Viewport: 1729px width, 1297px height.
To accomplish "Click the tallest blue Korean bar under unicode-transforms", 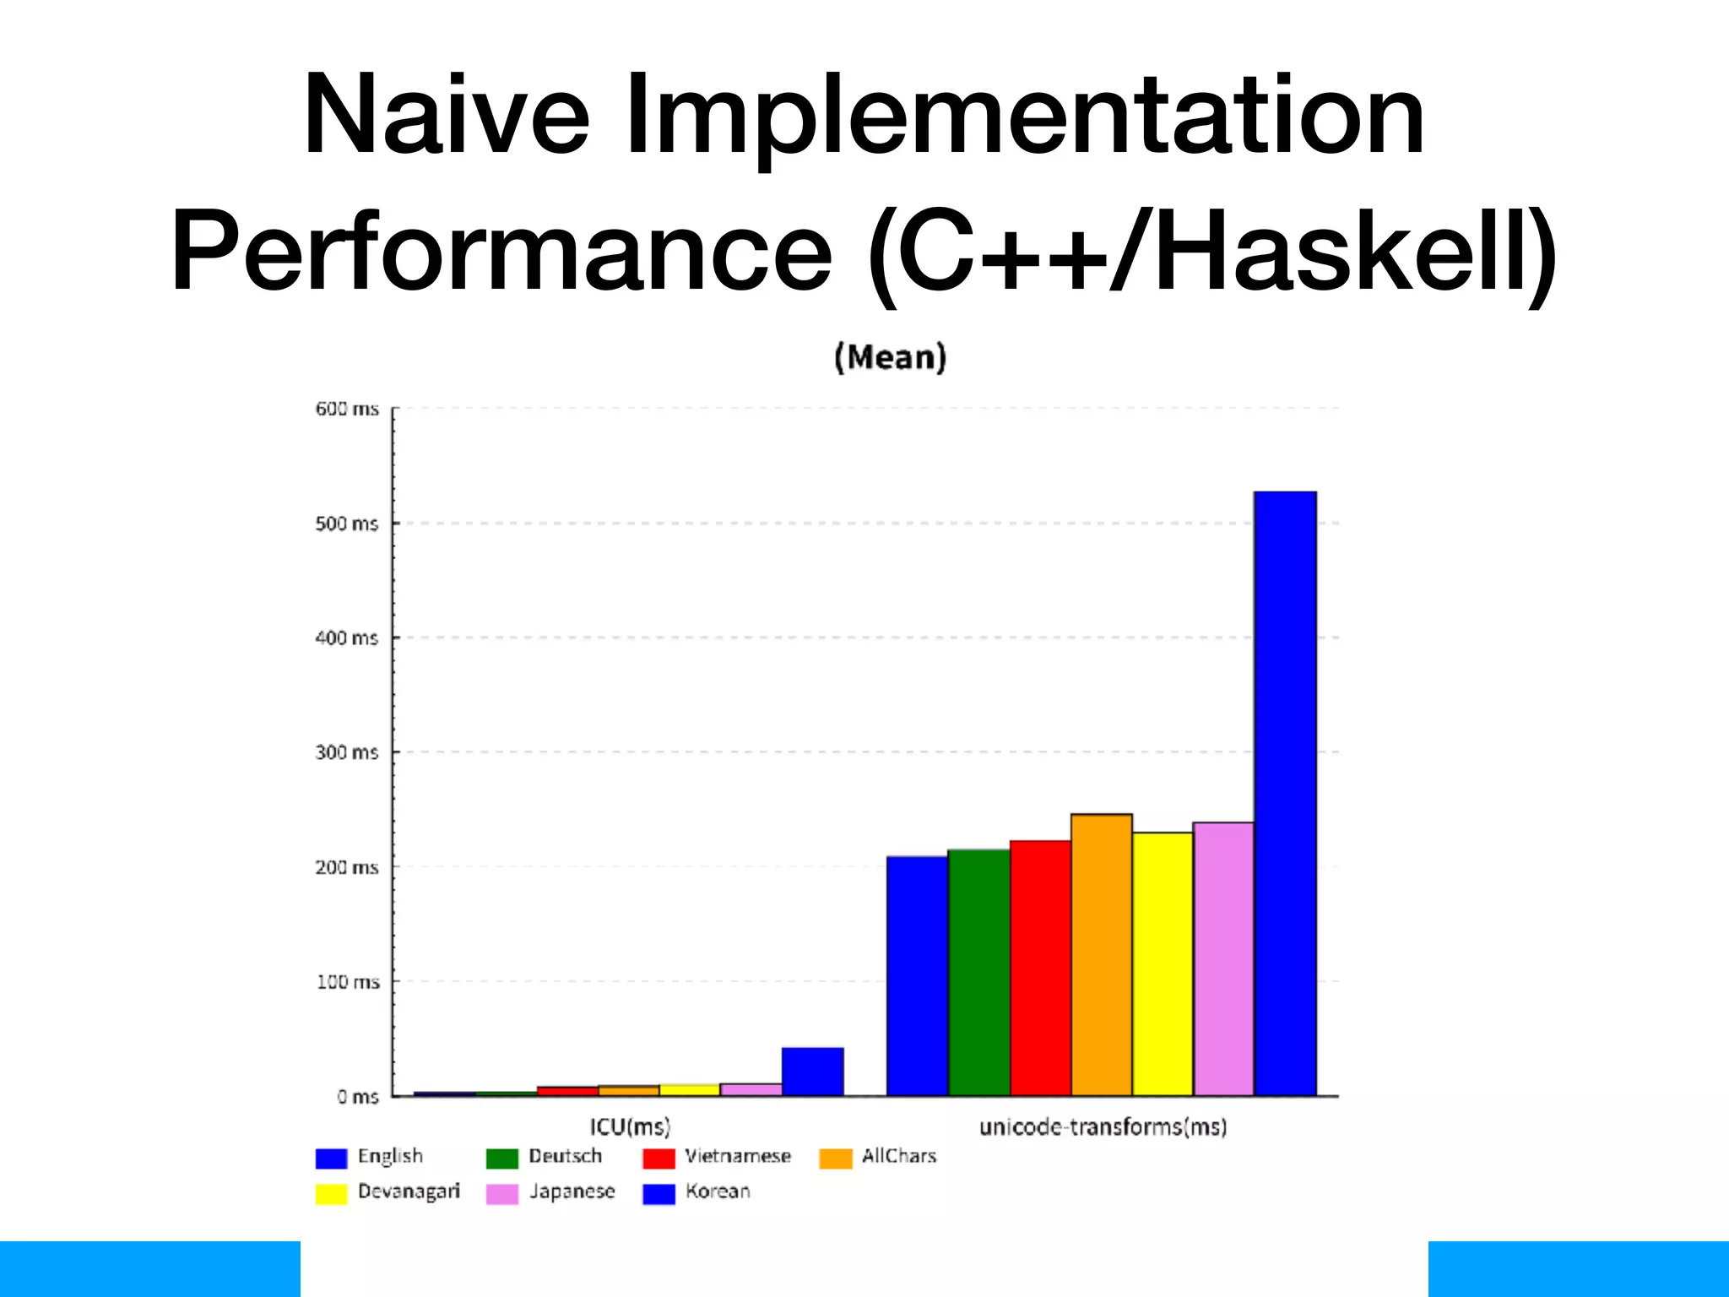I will click(1285, 794).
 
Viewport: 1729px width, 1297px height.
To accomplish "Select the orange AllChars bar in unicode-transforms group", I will click(1102, 955).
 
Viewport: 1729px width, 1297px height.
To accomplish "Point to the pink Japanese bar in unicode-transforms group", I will click(1223, 959).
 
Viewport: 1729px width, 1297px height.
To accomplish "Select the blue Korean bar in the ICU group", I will click(812, 1072).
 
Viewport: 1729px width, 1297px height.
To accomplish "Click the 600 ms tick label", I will click(347, 409).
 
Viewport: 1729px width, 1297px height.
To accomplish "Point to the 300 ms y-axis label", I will click(347, 752).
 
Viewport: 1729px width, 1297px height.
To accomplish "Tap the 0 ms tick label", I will click(358, 1097).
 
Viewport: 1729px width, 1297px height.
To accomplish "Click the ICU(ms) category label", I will click(630, 1126).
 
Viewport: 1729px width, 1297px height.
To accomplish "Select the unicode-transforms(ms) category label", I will click(1103, 1126).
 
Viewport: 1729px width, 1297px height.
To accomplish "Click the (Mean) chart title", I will click(890, 357).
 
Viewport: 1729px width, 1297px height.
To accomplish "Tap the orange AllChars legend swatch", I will click(835, 1158).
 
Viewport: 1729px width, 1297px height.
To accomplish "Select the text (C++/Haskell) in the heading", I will click(1211, 252).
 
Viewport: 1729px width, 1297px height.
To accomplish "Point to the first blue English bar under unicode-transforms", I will click(917, 976).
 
